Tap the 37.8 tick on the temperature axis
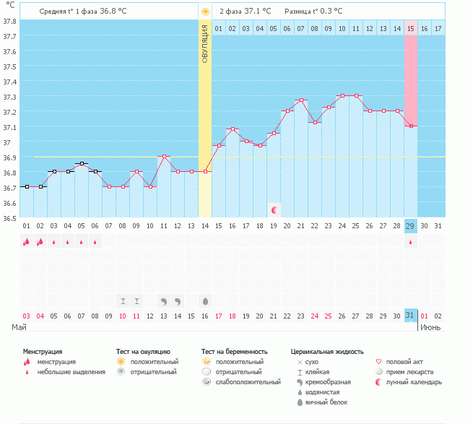[x=9, y=21]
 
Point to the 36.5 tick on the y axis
[x=9, y=218]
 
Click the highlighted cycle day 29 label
[x=410, y=226]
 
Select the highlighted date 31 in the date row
[x=410, y=316]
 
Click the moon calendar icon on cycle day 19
[x=274, y=209]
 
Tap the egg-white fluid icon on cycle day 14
[x=205, y=300]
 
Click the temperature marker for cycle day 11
[x=164, y=156]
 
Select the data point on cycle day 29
[x=410, y=126]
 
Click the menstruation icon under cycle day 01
[x=27, y=242]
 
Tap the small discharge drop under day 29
[x=410, y=243]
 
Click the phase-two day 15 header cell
[x=410, y=28]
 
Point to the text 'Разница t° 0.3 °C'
[x=313, y=12]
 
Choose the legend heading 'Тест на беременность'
[x=239, y=351]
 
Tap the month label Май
[x=19, y=327]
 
